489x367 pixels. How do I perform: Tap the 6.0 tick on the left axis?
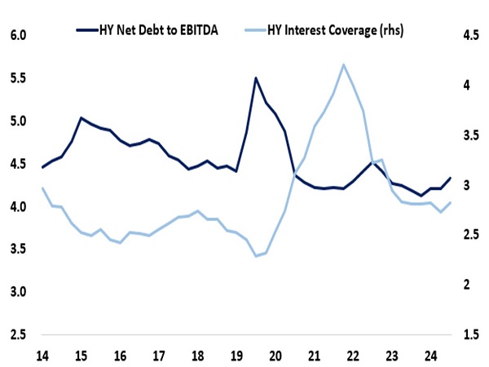(x=18, y=36)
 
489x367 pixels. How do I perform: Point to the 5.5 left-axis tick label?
(x=18, y=78)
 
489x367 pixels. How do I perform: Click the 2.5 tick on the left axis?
(x=18, y=335)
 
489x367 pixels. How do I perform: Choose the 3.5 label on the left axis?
(x=18, y=250)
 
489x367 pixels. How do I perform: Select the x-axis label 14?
(x=42, y=356)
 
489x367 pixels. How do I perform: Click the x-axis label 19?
(x=236, y=356)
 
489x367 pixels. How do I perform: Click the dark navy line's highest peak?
(x=256, y=78)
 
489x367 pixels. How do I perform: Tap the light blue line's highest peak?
(x=344, y=64)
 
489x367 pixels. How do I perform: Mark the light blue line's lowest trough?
(x=256, y=256)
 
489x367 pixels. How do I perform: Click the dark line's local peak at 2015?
(x=81, y=117)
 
